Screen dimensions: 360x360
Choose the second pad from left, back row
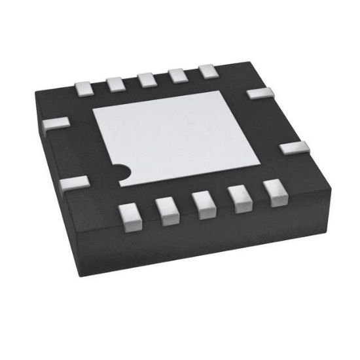click(115, 83)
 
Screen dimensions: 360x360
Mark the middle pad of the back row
click(147, 79)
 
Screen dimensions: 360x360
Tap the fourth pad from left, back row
click(177, 75)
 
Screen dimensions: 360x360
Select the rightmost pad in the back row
click(208, 71)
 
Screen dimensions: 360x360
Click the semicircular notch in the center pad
click(120, 171)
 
